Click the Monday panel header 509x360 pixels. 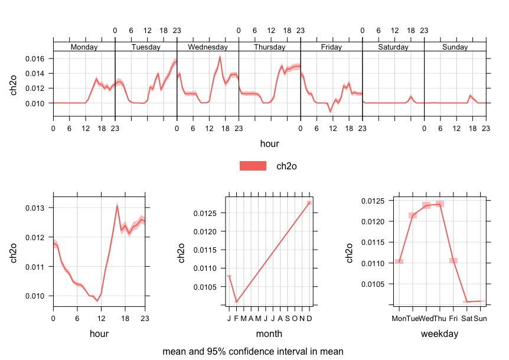point(84,47)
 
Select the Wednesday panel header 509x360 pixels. point(207,47)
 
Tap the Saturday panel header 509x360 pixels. point(393,47)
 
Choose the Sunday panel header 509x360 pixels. point(455,47)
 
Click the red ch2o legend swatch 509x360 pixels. point(253,166)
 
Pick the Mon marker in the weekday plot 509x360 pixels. point(399,261)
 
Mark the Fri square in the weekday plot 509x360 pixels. point(453,260)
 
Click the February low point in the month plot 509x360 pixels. point(236,302)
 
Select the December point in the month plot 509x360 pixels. point(309,203)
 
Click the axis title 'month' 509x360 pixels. point(269,334)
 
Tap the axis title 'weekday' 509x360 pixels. point(440,334)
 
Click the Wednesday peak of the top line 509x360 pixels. point(220,57)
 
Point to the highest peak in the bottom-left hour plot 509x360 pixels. point(118,205)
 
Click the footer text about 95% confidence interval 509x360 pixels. point(253,351)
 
